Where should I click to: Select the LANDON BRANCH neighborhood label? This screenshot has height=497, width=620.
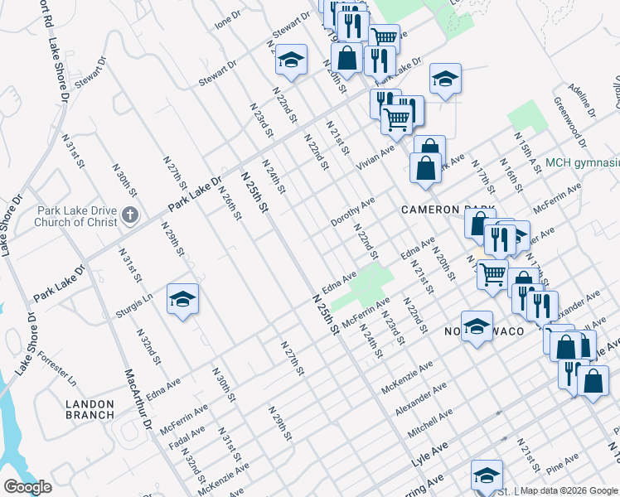click(x=89, y=408)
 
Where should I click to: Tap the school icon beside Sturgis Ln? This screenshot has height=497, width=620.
click(x=182, y=299)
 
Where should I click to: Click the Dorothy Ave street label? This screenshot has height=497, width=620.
click(x=353, y=212)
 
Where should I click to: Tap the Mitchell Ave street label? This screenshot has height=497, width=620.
click(x=430, y=423)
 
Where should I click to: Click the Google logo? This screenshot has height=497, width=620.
click(x=27, y=487)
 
